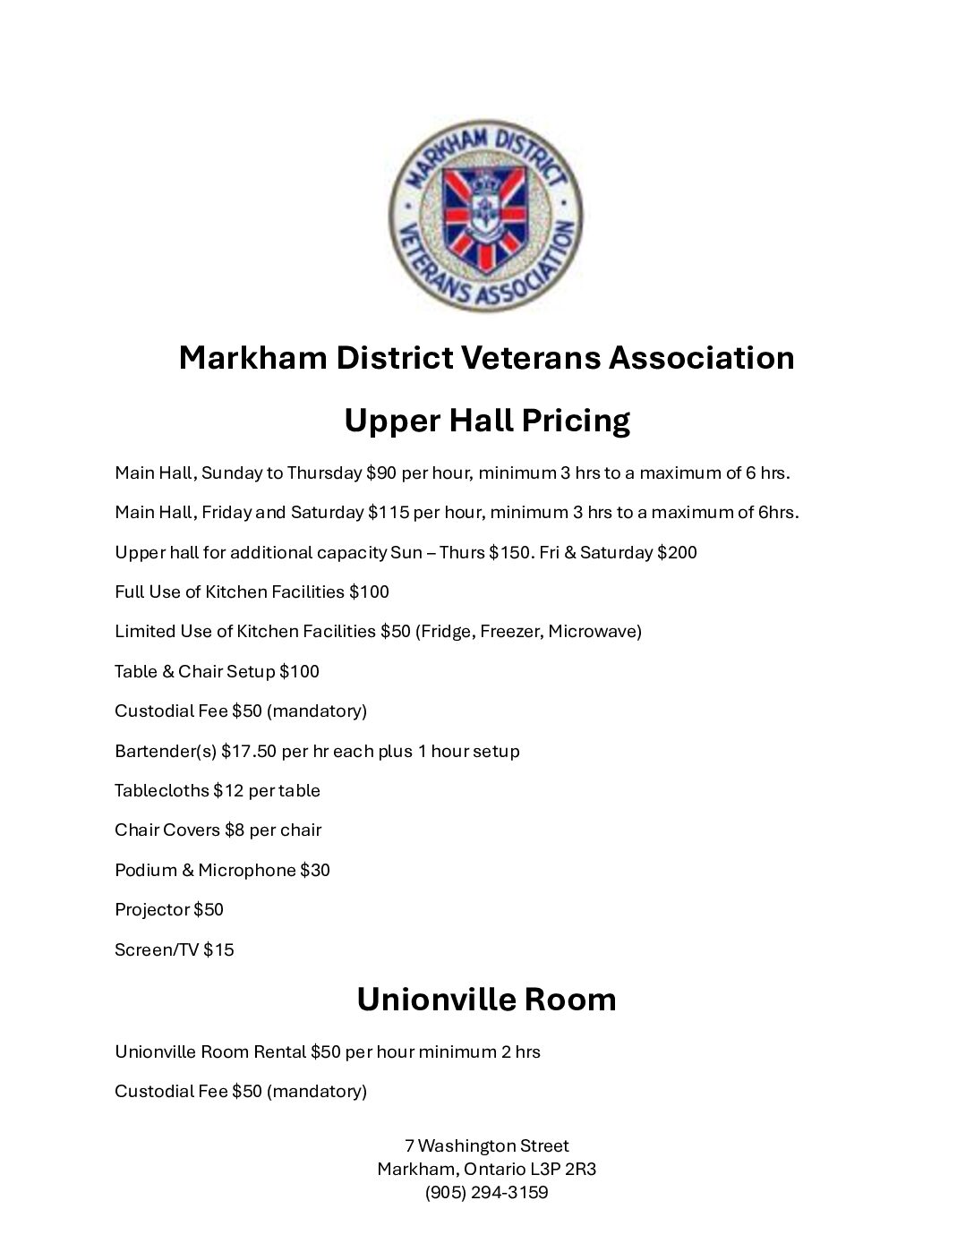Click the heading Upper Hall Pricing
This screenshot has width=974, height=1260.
[x=487, y=420]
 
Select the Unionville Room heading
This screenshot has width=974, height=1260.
[x=486, y=999]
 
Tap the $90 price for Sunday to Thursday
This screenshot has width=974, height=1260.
[x=380, y=472]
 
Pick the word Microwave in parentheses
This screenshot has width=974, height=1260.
[x=594, y=632]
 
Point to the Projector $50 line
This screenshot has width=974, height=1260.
[x=169, y=910]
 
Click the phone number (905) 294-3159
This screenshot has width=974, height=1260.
[x=486, y=1193]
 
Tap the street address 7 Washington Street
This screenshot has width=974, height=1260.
[x=486, y=1146]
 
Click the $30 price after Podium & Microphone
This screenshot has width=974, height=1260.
[x=315, y=870]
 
